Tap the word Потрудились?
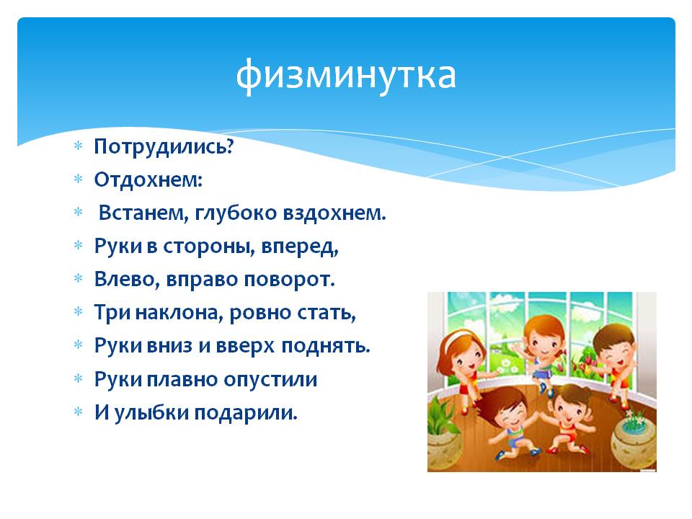point(164,146)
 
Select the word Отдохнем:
point(148,179)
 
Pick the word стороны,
point(209,247)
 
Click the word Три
point(112,312)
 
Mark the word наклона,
point(180,313)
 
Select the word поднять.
point(326,346)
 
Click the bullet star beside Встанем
point(78,213)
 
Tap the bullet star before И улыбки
point(78,412)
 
